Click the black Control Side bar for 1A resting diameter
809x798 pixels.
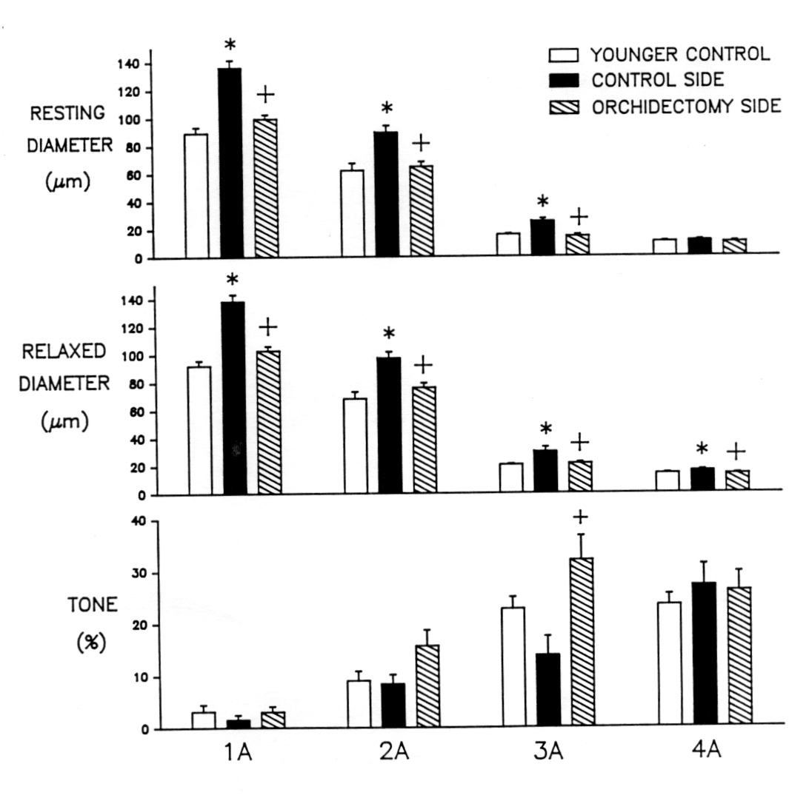pyautogui.click(x=230, y=163)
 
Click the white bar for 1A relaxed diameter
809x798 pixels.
pyautogui.click(x=199, y=430)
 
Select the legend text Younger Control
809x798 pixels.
pyautogui.click(x=680, y=55)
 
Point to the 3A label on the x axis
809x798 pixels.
pyautogui.click(x=550, y=753)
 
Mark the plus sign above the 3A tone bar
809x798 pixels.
pyautogui.click(x=581, y=517)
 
